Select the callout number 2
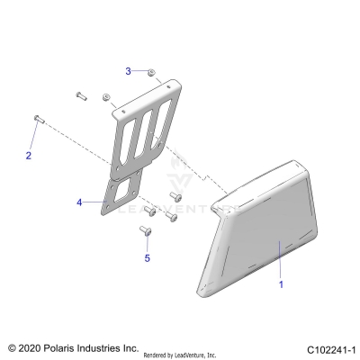pyautogui.click(x=28, y=156)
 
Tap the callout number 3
pyautogui.click(x=129, y=69)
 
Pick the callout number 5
pyautogui.click(x=147, y=259)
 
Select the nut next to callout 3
pyautogui.click(x=154, y=71)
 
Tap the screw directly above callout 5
pyautogui.click(x=144, y=232)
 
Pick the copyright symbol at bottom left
pyautogui.click(x=12, y=347)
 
